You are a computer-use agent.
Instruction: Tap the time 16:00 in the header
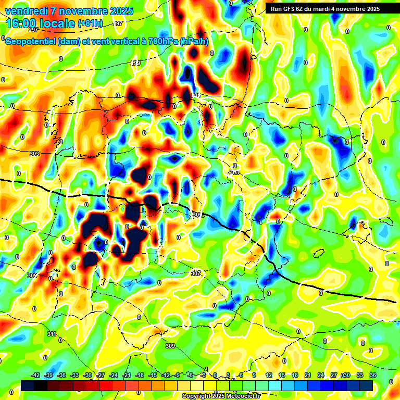(x=24, y=23)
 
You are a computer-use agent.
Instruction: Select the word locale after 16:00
(x=60, y=23)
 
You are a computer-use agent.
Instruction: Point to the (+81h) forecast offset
(x=90, y=23)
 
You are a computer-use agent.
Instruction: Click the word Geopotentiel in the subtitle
(x=31, y=42)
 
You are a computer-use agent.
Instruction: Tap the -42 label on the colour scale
(x=36, y=375)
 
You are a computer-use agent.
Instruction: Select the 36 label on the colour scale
(x=373, y=375)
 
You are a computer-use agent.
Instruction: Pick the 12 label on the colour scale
(x=269, y=375)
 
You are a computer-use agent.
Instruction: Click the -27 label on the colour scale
(x=101, y=375)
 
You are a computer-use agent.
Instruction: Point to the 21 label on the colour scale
(x=308, y=375)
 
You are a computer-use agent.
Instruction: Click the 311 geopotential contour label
(x=51, y=334)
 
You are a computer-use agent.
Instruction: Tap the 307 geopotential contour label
(x=195, y=273)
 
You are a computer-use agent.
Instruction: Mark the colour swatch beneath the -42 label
(x=28, y=385)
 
